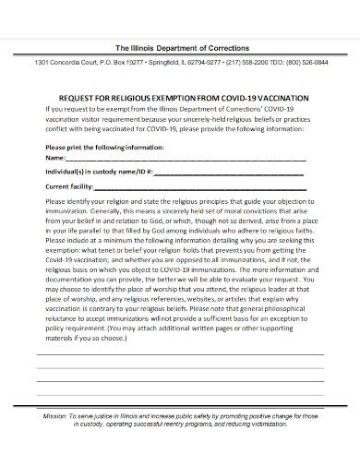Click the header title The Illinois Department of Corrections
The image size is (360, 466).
pyautogui.click(x=181, y=47)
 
